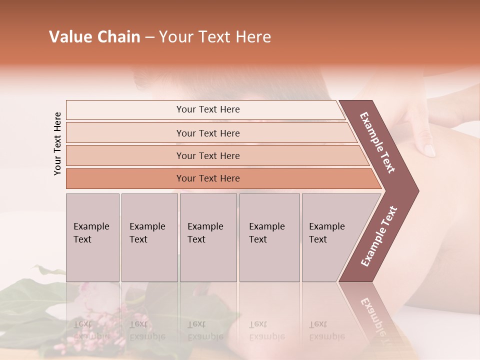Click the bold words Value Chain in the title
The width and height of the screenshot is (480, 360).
pyautogui.click(x=94, y=37)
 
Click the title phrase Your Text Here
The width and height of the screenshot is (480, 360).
pyautogui.click(x=215, y=37)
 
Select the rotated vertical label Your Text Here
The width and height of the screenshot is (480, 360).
pyautogui.click(x=57, y=143)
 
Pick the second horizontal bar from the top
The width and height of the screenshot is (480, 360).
pyautogui.click(x=207, y=133)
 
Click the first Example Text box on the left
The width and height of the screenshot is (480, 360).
pyautogui.click(x=92, y=237)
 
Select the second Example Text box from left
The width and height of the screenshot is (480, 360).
pyautogui.click(x=149, y=237)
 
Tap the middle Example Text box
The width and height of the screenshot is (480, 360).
pyautogui.click(x=208, y=237)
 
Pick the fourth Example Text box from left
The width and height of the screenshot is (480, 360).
pyautogui.click(x=269, y=237)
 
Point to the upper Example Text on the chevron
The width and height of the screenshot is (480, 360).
pyautogui.click(x=377, y=142)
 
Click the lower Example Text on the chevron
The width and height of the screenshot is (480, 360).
pyautogui.click(x=379, y=236)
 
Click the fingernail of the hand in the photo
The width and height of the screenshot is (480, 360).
pyautogui.click(x=429, y=149)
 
